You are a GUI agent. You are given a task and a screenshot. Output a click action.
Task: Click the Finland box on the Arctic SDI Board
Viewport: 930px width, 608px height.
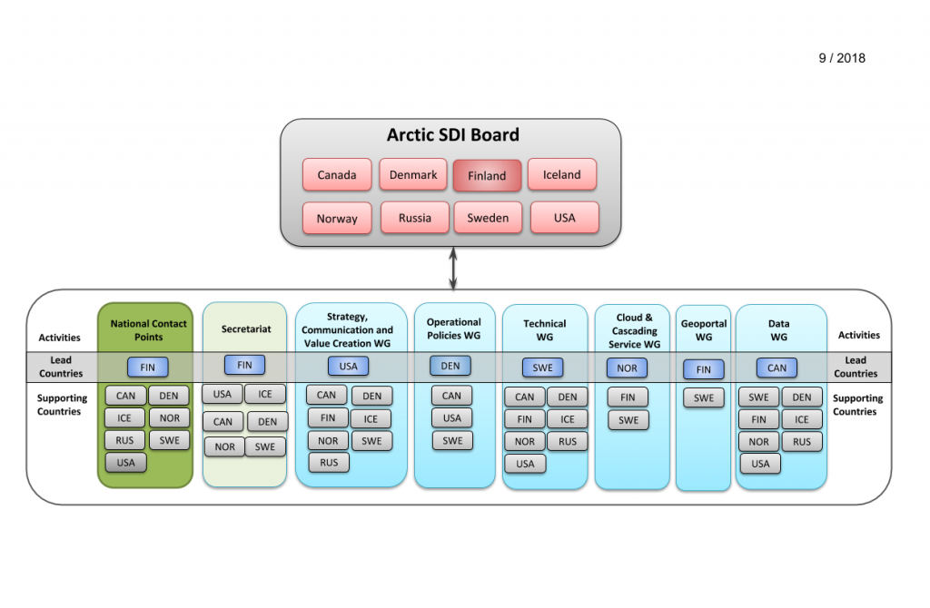[487, 175]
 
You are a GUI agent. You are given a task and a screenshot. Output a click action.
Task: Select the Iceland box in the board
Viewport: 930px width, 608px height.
[561, 174]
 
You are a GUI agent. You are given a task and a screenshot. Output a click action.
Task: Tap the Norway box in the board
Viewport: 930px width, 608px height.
[337, 218]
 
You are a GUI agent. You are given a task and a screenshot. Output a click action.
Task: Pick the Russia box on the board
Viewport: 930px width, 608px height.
[414, 218]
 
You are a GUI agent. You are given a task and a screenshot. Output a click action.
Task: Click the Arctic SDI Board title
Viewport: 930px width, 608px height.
[453, 135]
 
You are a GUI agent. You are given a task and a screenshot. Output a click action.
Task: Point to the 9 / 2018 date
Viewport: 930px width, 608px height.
[842, 58]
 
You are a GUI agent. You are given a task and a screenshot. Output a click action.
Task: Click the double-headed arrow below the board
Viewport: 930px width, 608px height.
[453, 269]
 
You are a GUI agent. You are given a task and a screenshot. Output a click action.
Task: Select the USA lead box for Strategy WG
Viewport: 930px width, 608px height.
[348, 367]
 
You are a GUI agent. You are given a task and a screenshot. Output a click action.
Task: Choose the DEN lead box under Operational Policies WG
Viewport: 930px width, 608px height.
[450, 366]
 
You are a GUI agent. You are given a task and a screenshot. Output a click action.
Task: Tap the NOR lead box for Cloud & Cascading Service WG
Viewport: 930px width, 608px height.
[627, 368]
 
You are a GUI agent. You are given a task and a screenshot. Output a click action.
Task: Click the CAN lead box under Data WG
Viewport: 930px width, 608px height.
[777, 368]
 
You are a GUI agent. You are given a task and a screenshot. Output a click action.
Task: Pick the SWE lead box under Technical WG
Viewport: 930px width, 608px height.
[543, 368]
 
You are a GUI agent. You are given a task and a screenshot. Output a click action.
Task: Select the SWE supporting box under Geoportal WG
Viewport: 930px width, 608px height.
[704, 397]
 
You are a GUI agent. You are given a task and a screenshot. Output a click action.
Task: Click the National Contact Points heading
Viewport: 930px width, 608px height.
[148, 330]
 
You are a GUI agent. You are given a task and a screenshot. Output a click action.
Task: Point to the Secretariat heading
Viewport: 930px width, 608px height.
[246, 329]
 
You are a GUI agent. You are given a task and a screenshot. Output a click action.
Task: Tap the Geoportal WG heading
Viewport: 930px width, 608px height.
[704, 330]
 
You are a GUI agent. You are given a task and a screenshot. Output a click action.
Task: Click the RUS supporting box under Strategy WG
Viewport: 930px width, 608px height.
[329, 462]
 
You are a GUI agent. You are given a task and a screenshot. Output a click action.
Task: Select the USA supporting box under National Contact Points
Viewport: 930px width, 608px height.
[125, 462]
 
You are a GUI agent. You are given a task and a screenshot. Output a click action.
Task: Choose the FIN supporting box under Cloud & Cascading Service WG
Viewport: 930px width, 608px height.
[628, 397]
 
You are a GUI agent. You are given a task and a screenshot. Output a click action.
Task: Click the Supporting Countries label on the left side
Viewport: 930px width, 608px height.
[62, 404]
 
